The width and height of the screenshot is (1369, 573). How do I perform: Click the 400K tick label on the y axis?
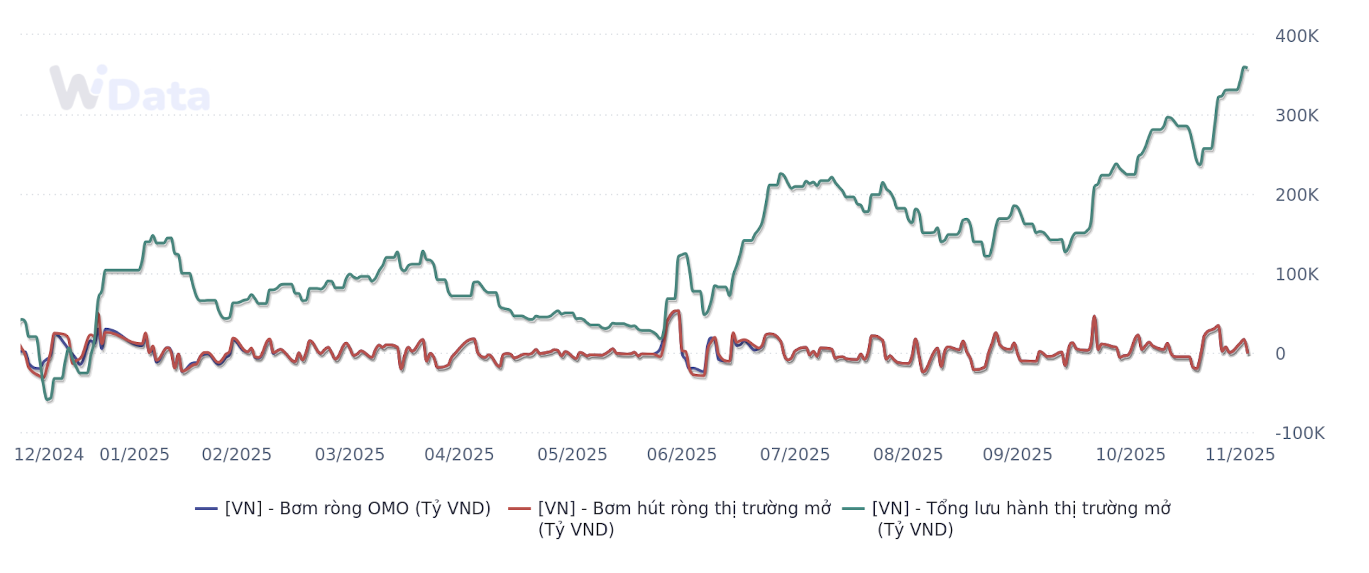(1296, 36)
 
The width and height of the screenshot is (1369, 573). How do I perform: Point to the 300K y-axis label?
(1296, 115)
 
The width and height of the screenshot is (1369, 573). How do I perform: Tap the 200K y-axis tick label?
(1296, 195)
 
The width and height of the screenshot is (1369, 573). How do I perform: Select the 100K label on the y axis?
(1296, 275)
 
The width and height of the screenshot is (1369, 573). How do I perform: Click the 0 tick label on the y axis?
(1280, 354)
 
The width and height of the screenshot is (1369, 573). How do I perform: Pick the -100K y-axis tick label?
(1300, 433)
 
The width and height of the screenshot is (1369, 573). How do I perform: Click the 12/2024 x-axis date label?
(49, 454)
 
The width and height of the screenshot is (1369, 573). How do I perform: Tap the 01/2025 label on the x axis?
(134, 454)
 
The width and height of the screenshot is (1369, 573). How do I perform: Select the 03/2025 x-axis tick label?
(350, 454)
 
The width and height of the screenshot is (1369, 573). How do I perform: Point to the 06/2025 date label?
(682, 454)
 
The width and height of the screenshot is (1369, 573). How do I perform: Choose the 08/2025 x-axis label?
(908, 454)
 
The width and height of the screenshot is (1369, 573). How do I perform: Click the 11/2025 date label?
(1240, 454)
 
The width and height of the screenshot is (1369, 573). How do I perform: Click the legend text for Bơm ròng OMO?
(358, 509)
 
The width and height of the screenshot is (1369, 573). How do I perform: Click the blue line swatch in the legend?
(206, 509)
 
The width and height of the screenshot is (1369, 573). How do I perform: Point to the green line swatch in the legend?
(854, 509)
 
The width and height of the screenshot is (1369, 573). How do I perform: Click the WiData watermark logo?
(130, 88)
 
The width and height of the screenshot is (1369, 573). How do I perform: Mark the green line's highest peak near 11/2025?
(1244, 67)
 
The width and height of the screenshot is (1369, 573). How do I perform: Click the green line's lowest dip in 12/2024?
(48, 400)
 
